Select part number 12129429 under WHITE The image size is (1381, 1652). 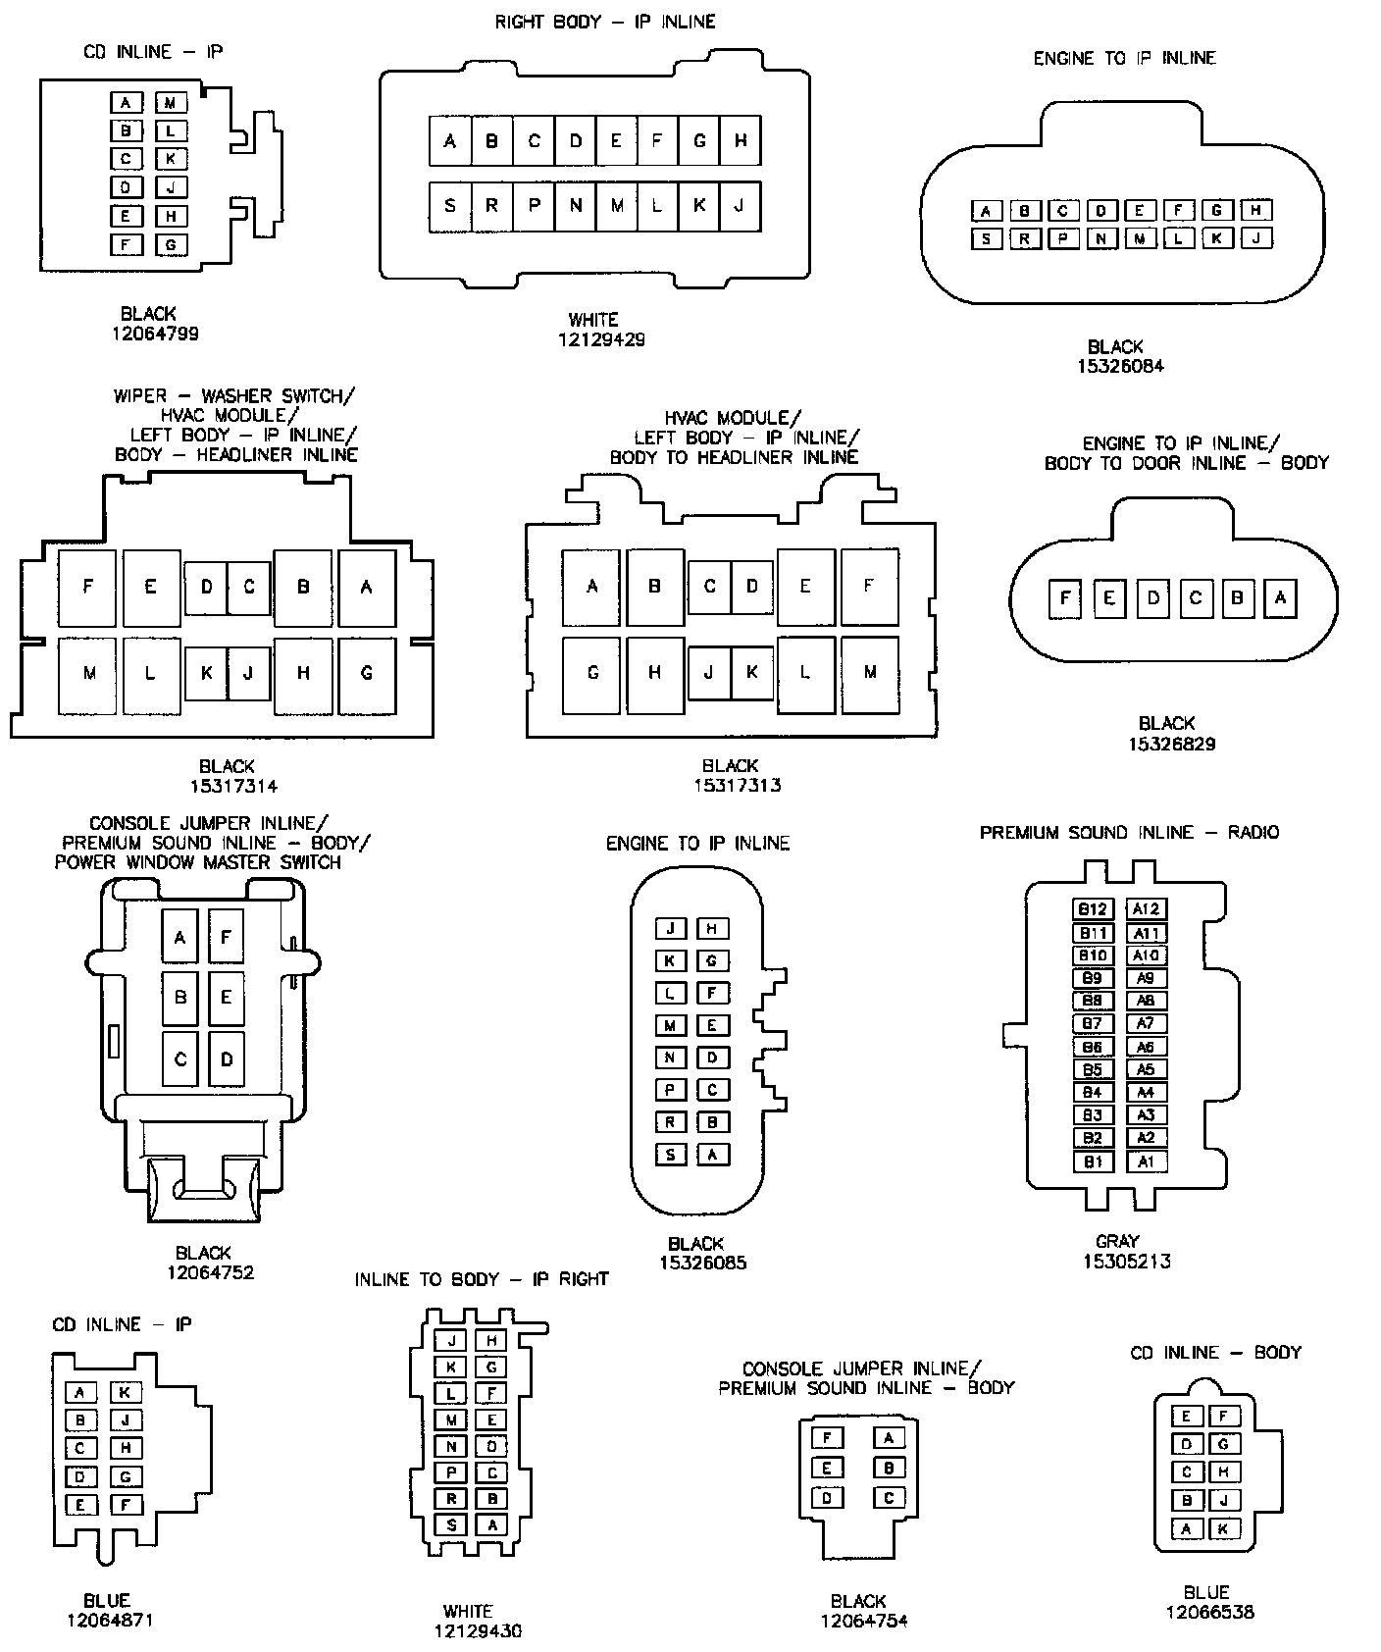601,339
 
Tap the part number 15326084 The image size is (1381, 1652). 1119,366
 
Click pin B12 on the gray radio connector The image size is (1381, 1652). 1092,908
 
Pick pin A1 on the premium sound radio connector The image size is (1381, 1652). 1146,1162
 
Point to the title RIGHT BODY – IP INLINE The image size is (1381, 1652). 604,22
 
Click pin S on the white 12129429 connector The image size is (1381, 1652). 450,206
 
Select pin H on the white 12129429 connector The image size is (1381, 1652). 741,140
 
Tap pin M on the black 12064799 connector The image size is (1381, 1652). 171,102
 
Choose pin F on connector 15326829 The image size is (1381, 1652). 1065,597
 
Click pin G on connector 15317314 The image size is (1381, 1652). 367,673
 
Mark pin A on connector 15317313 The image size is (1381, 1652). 591,587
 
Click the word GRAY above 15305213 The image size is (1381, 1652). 1116,1241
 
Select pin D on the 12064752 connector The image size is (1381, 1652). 227,1059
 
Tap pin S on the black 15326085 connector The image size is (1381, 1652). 671,1155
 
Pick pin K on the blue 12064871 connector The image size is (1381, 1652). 126,1392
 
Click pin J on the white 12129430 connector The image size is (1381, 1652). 451,1341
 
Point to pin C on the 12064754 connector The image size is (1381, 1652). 889,1498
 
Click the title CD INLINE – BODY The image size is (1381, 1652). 1215,1353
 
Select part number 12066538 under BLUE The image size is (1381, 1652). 1209,1612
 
